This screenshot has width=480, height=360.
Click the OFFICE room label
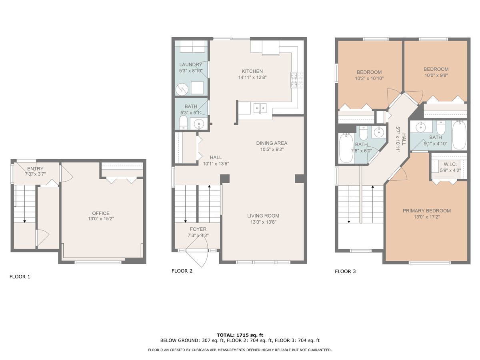[x=100, y=213]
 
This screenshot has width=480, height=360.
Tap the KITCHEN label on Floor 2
[x=252, y=71]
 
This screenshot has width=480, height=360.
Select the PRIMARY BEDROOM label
[x=426, y=211]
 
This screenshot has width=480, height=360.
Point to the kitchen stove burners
[x=297, y=80]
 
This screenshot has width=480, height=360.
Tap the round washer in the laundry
[x=182, y=89]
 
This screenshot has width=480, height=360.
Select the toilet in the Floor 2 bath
[x=183, y=123]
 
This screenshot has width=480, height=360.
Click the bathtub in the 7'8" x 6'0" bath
[x=346, y=148]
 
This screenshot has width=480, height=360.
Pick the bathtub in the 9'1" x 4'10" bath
[x=459, y=135]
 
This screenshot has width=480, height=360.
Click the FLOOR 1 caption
[x=20, y=277]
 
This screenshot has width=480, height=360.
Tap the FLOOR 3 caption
[x=345, y=272]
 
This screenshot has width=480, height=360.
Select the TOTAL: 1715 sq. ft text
[x=240, y=335]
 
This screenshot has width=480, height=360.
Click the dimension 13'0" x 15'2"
[x=101, y=218]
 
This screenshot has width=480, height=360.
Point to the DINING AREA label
[x=272, y=143]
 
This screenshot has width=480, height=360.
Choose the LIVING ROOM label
[x=263, y=216]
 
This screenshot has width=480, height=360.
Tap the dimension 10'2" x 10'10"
[x=369, y=78]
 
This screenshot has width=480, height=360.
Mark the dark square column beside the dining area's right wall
[x=300, y=178]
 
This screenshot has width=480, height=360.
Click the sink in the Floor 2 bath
[x=198, y=124]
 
